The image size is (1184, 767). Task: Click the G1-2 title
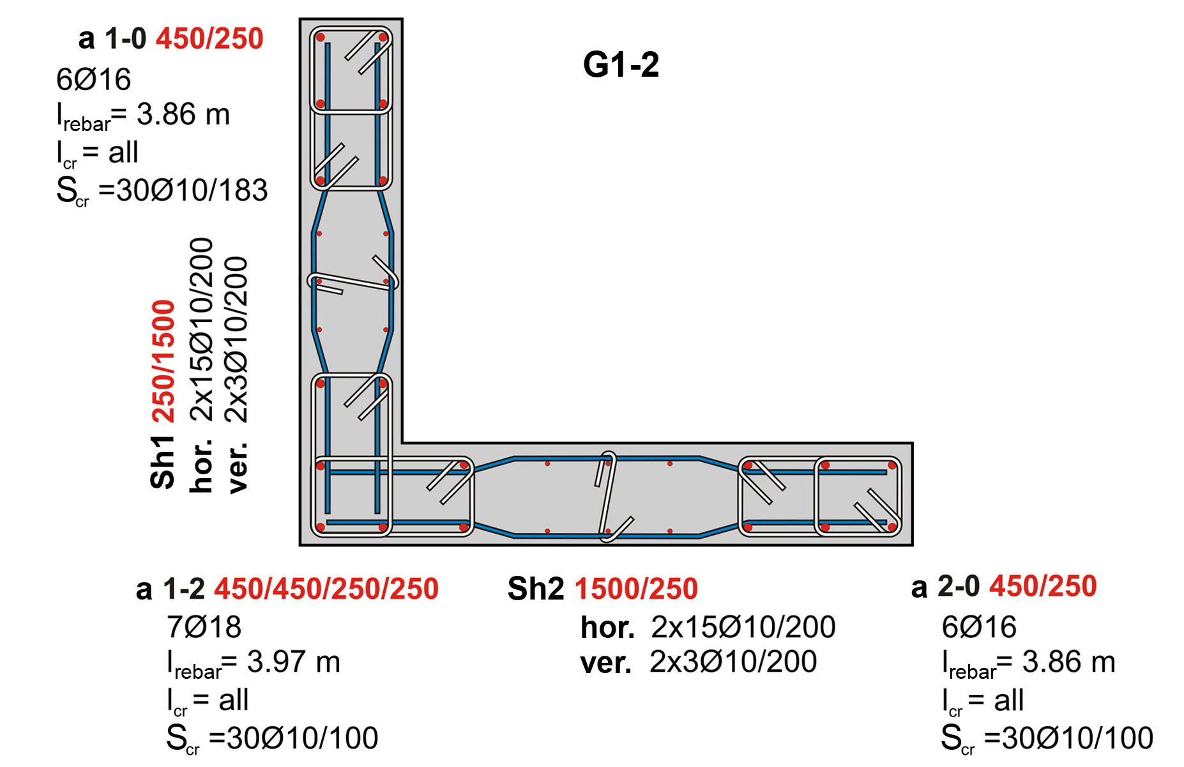point(621,65)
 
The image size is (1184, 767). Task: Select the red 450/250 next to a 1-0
point(209,38)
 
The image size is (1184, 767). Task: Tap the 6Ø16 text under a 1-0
point(93,79)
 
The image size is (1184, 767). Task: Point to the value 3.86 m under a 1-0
point(183,114)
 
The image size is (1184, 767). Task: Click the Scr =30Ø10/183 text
point(162,190)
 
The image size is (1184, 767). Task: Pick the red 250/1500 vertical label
point(163,361)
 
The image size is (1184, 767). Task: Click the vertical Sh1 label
point(163,462)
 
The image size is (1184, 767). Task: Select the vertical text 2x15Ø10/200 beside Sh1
point(202,329)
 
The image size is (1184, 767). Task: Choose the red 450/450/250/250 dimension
point(326,589)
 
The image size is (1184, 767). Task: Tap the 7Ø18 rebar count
point(204,627)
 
